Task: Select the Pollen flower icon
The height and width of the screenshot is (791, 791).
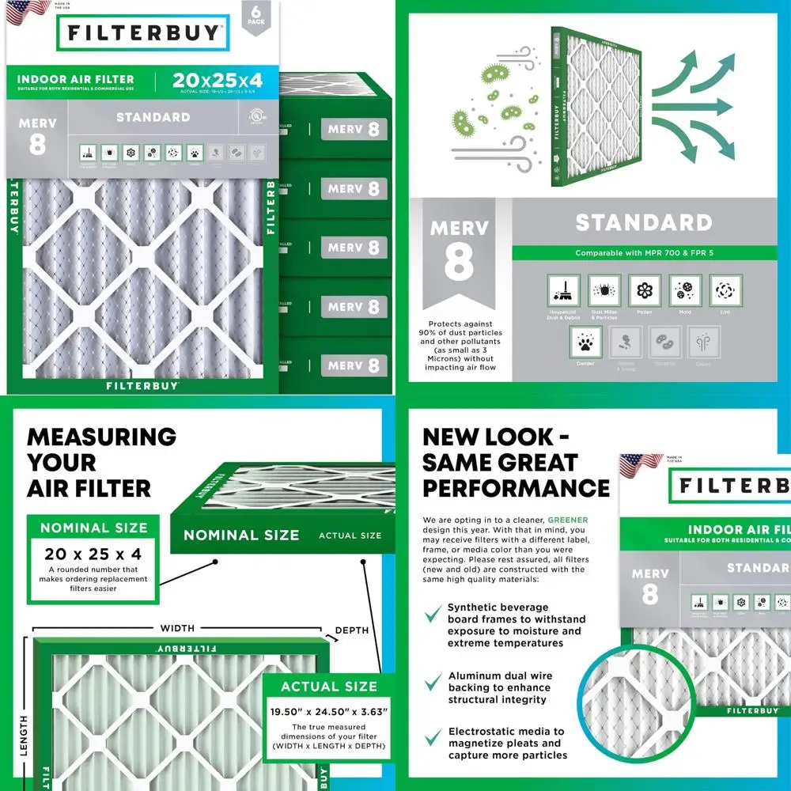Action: pos(645,291)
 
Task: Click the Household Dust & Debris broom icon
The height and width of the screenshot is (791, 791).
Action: pos(563,291)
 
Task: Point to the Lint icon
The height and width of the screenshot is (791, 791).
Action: pos(725,291)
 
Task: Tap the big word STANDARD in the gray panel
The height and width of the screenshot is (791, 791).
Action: pos(643,222)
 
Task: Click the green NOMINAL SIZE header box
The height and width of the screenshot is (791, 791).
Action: pos(93,528)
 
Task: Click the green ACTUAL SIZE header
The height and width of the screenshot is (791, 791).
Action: pos(329,687)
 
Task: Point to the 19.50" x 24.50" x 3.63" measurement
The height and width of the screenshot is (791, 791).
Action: pos(328,712)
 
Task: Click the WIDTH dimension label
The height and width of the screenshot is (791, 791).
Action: pos(177,629)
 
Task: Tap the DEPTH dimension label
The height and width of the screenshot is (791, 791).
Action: pos(352,630)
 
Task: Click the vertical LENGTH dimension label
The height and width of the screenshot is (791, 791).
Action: pos(23,736)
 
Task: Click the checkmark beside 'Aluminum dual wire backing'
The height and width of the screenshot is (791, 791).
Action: pos(433,682)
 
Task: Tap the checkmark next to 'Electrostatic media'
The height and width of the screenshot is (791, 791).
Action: pos(433,738)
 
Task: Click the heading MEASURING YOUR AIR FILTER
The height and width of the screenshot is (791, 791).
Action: pos(101,462)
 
